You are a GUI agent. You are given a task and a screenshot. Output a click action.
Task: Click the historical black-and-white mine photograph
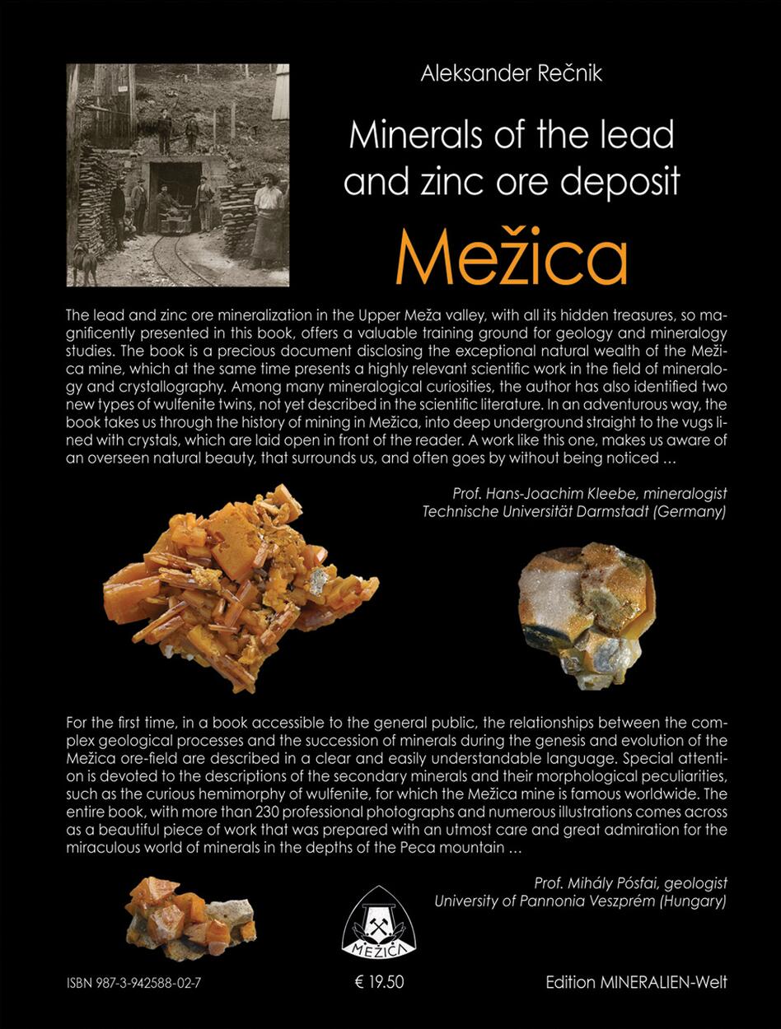pos(178,175)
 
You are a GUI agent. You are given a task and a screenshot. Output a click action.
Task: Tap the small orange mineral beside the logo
pos(189,910)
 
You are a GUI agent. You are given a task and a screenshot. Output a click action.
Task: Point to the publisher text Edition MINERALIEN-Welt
pos(636,982)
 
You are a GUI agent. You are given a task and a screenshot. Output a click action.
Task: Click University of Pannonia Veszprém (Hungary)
pos(580,901)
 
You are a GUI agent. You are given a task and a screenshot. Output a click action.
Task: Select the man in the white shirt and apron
pos(268,218)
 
